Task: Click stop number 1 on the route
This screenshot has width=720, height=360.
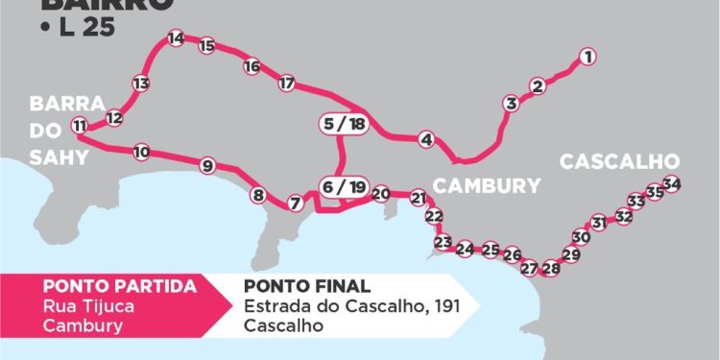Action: (x=588, y=58)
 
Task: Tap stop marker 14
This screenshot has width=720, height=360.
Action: (x=175, y=38)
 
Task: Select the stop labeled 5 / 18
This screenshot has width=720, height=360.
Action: (x=345, y=124)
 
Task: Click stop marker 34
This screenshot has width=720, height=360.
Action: (x=672, y=183)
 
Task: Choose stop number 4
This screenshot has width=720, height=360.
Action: (x=426, y=140)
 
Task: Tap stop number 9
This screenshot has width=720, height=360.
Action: (x=207, y=166)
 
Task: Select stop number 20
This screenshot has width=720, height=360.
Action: (x=381, y=194)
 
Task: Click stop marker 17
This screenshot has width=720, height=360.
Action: (x=286, y=84)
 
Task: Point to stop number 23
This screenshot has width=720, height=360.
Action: (x=444, y=242)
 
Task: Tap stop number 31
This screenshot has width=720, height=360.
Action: (x=599, y=223)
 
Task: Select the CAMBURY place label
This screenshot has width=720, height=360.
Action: (x=487, y=185)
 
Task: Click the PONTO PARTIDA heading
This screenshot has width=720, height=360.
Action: (x=120, y=286)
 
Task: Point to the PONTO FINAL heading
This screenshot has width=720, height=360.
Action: (x=307, y=286)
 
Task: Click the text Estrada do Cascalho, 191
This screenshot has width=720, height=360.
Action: (x=346, y=306)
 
